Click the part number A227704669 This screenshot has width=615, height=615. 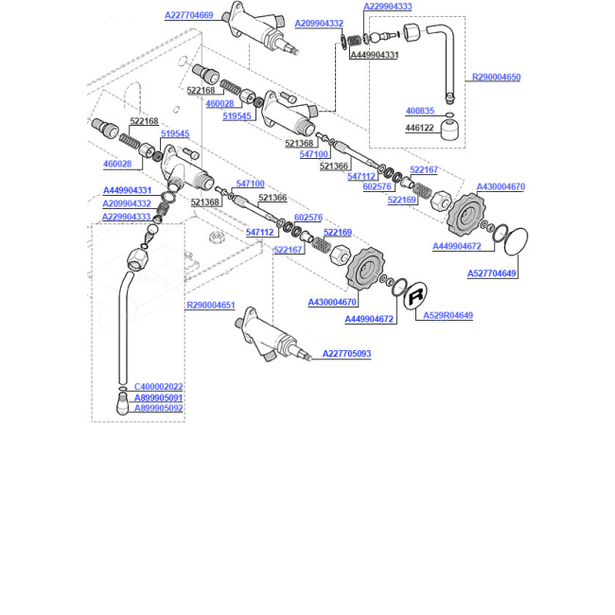click(188, 15)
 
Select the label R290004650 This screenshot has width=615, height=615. click(496, 77)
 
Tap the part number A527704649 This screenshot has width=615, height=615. click(491, 273)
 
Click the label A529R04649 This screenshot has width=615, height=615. click(448, 315)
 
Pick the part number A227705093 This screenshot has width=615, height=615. click(346, 354)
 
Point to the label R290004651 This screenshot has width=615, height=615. click(211, 305)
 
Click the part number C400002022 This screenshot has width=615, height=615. click(158, 387)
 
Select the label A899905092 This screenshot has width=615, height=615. click(158, 409)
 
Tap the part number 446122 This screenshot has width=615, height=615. click(420, 128)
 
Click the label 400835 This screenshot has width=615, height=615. click(420, 111)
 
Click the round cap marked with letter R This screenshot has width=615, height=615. click(415, 295)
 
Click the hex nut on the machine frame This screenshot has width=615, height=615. click(215, 237)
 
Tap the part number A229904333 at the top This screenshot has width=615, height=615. click(388, 7)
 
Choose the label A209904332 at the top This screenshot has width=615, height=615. click(319, 23)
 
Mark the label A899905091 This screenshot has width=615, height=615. click(158, 397)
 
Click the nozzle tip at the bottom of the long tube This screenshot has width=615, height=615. click(122, 404)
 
